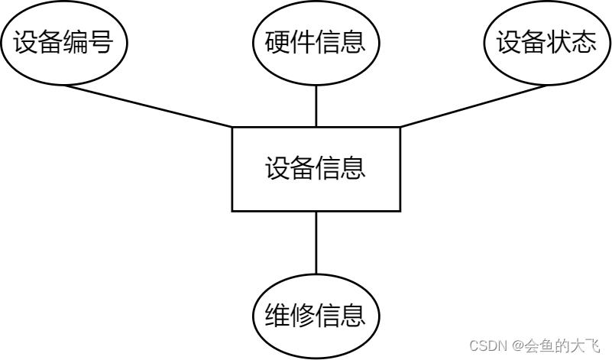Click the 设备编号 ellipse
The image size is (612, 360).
coord(63,43)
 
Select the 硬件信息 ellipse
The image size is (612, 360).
coord(316,43)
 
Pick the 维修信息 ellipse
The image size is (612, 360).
coord(316,316)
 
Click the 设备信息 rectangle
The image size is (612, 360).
coord(316,169)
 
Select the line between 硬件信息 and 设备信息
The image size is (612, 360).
coord(316,106)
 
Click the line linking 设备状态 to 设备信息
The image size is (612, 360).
coord(474,105)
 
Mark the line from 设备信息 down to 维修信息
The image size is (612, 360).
coord(316,242)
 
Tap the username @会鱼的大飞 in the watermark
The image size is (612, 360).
coord(555,346)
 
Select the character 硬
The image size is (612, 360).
coord(278,43)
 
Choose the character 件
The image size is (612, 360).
coord(303,43)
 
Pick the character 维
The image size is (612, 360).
coord(278,316)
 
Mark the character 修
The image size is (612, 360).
coord(303,316)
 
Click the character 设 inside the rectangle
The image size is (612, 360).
coord(278,169)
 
